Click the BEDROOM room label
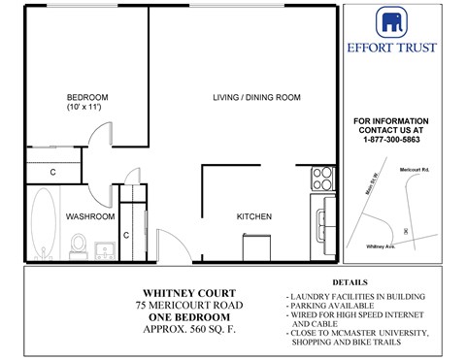pos(86,97)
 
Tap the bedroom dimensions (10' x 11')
pos(86,108)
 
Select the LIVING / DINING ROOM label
pos(256,97)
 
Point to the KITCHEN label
pos(254,216)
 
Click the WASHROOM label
pos(90,216)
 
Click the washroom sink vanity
pos(107,249)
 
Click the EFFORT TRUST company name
pos(405,47)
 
